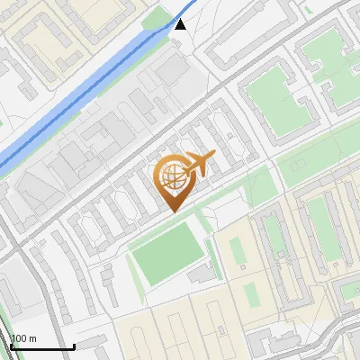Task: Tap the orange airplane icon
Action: click(x=200, y=164)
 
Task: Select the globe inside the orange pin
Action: click(x=171, y=179)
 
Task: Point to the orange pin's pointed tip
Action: click(x=171, y=211)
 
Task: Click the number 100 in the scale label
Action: click(x=18, y=338)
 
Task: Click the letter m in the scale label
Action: click(x=32, y=338)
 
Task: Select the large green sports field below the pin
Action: click(x=167, y=251)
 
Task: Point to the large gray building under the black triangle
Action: click(x=171, y=72)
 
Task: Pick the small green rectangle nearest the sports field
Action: click(x=236, y=252)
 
